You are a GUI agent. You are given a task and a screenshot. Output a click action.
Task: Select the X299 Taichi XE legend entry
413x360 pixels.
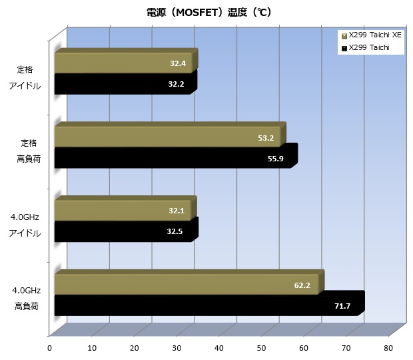372,35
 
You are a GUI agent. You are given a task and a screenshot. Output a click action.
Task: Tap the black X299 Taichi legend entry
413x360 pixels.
365,48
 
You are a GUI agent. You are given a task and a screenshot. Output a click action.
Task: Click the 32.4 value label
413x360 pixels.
178,63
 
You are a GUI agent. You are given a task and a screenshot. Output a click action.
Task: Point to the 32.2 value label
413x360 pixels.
176,84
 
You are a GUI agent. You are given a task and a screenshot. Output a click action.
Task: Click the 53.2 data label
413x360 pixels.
266,138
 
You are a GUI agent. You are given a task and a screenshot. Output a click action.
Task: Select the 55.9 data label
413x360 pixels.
276,159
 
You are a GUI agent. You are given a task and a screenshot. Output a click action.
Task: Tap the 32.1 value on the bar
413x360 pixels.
177,211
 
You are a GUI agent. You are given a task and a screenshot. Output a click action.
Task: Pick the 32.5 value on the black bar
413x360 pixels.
175,231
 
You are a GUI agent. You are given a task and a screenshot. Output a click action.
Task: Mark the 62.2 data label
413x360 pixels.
302,285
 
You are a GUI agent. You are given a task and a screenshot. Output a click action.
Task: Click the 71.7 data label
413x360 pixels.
342,306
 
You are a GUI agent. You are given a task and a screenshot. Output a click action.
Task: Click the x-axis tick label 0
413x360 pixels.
49,348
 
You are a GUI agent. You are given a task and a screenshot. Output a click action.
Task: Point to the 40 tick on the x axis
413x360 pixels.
219,348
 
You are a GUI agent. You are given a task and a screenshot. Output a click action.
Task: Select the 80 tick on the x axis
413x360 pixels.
388,348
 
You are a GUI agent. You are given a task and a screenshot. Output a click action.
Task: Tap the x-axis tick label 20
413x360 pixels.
134,348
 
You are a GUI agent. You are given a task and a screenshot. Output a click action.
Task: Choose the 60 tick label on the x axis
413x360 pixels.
304,348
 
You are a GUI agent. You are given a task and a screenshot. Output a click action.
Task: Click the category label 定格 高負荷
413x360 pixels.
29,151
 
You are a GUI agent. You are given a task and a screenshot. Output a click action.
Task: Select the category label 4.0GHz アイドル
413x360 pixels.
25,225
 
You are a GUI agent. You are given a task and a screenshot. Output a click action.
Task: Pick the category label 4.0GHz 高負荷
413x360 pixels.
27,298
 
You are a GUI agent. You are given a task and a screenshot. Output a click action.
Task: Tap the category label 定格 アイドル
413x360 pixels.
25,78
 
